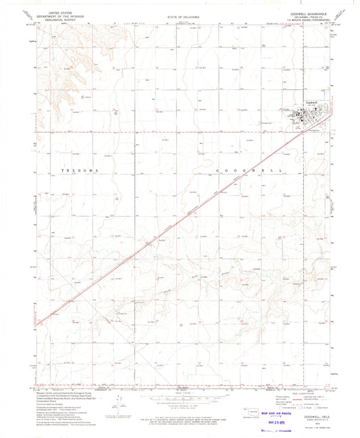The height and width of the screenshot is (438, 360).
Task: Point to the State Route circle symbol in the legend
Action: [315, 409]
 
